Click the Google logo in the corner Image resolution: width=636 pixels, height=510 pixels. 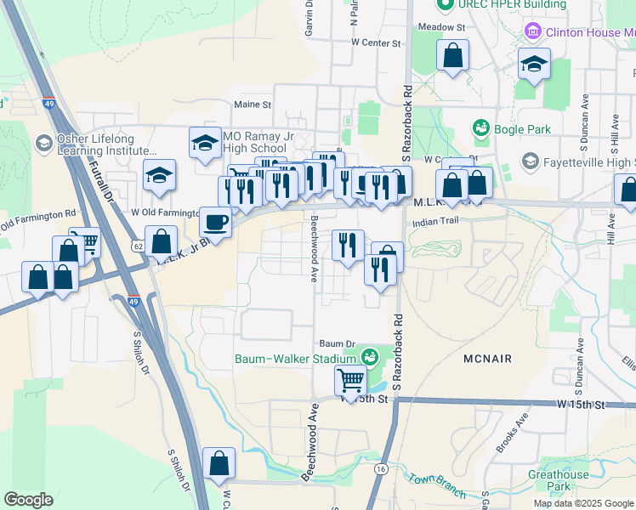click(28, 500)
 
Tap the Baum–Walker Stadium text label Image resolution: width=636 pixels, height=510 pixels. click(294, 358)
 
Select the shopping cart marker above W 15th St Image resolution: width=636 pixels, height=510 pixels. click(350, 382)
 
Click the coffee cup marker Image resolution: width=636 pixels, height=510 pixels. click(215, 223)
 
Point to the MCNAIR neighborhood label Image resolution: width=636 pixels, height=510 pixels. click(488, 359)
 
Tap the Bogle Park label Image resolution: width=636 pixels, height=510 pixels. click(522, 129)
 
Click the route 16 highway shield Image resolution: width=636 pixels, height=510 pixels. click(380, 468)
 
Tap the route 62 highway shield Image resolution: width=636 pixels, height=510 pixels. click(137, 246)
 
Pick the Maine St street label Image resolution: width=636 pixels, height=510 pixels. click(252, 105)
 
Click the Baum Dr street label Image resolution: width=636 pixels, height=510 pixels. click(337, 343)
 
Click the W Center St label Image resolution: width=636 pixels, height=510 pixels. click(375, 42)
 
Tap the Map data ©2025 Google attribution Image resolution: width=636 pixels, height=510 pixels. click(583, 503)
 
